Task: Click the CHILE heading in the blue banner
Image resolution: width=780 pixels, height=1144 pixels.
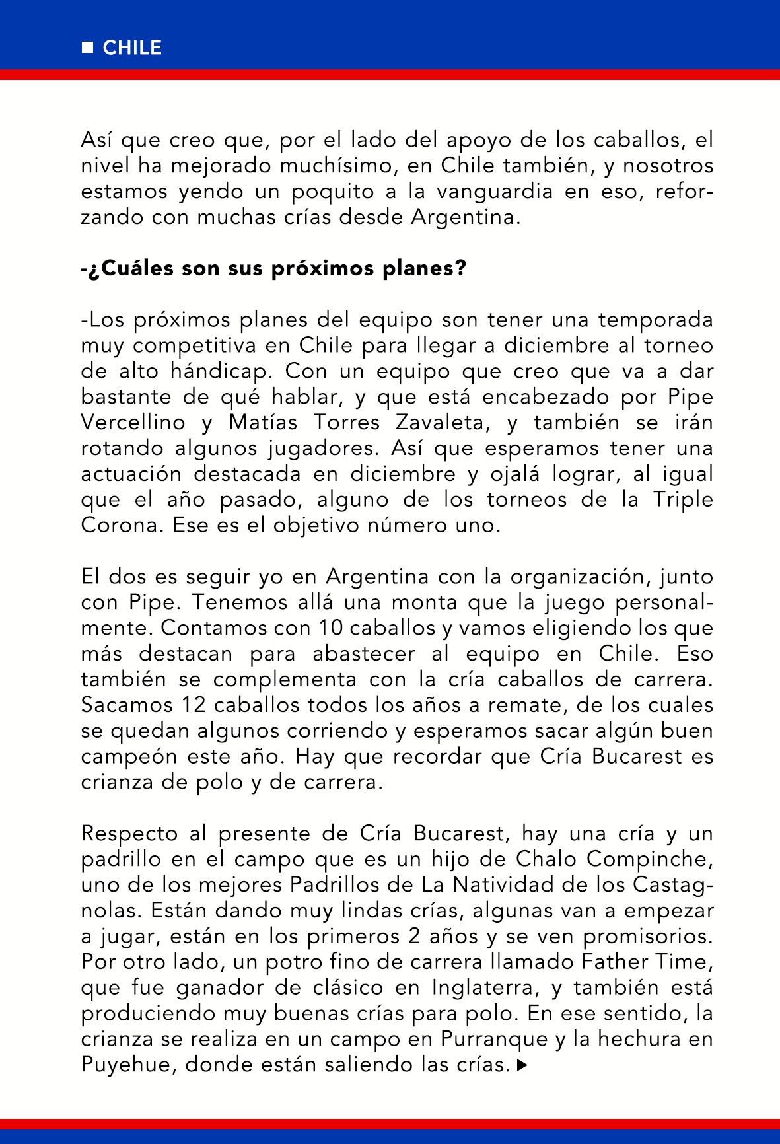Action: [x=132, y=48]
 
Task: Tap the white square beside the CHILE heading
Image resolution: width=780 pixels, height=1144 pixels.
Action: [x=87, y=48]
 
